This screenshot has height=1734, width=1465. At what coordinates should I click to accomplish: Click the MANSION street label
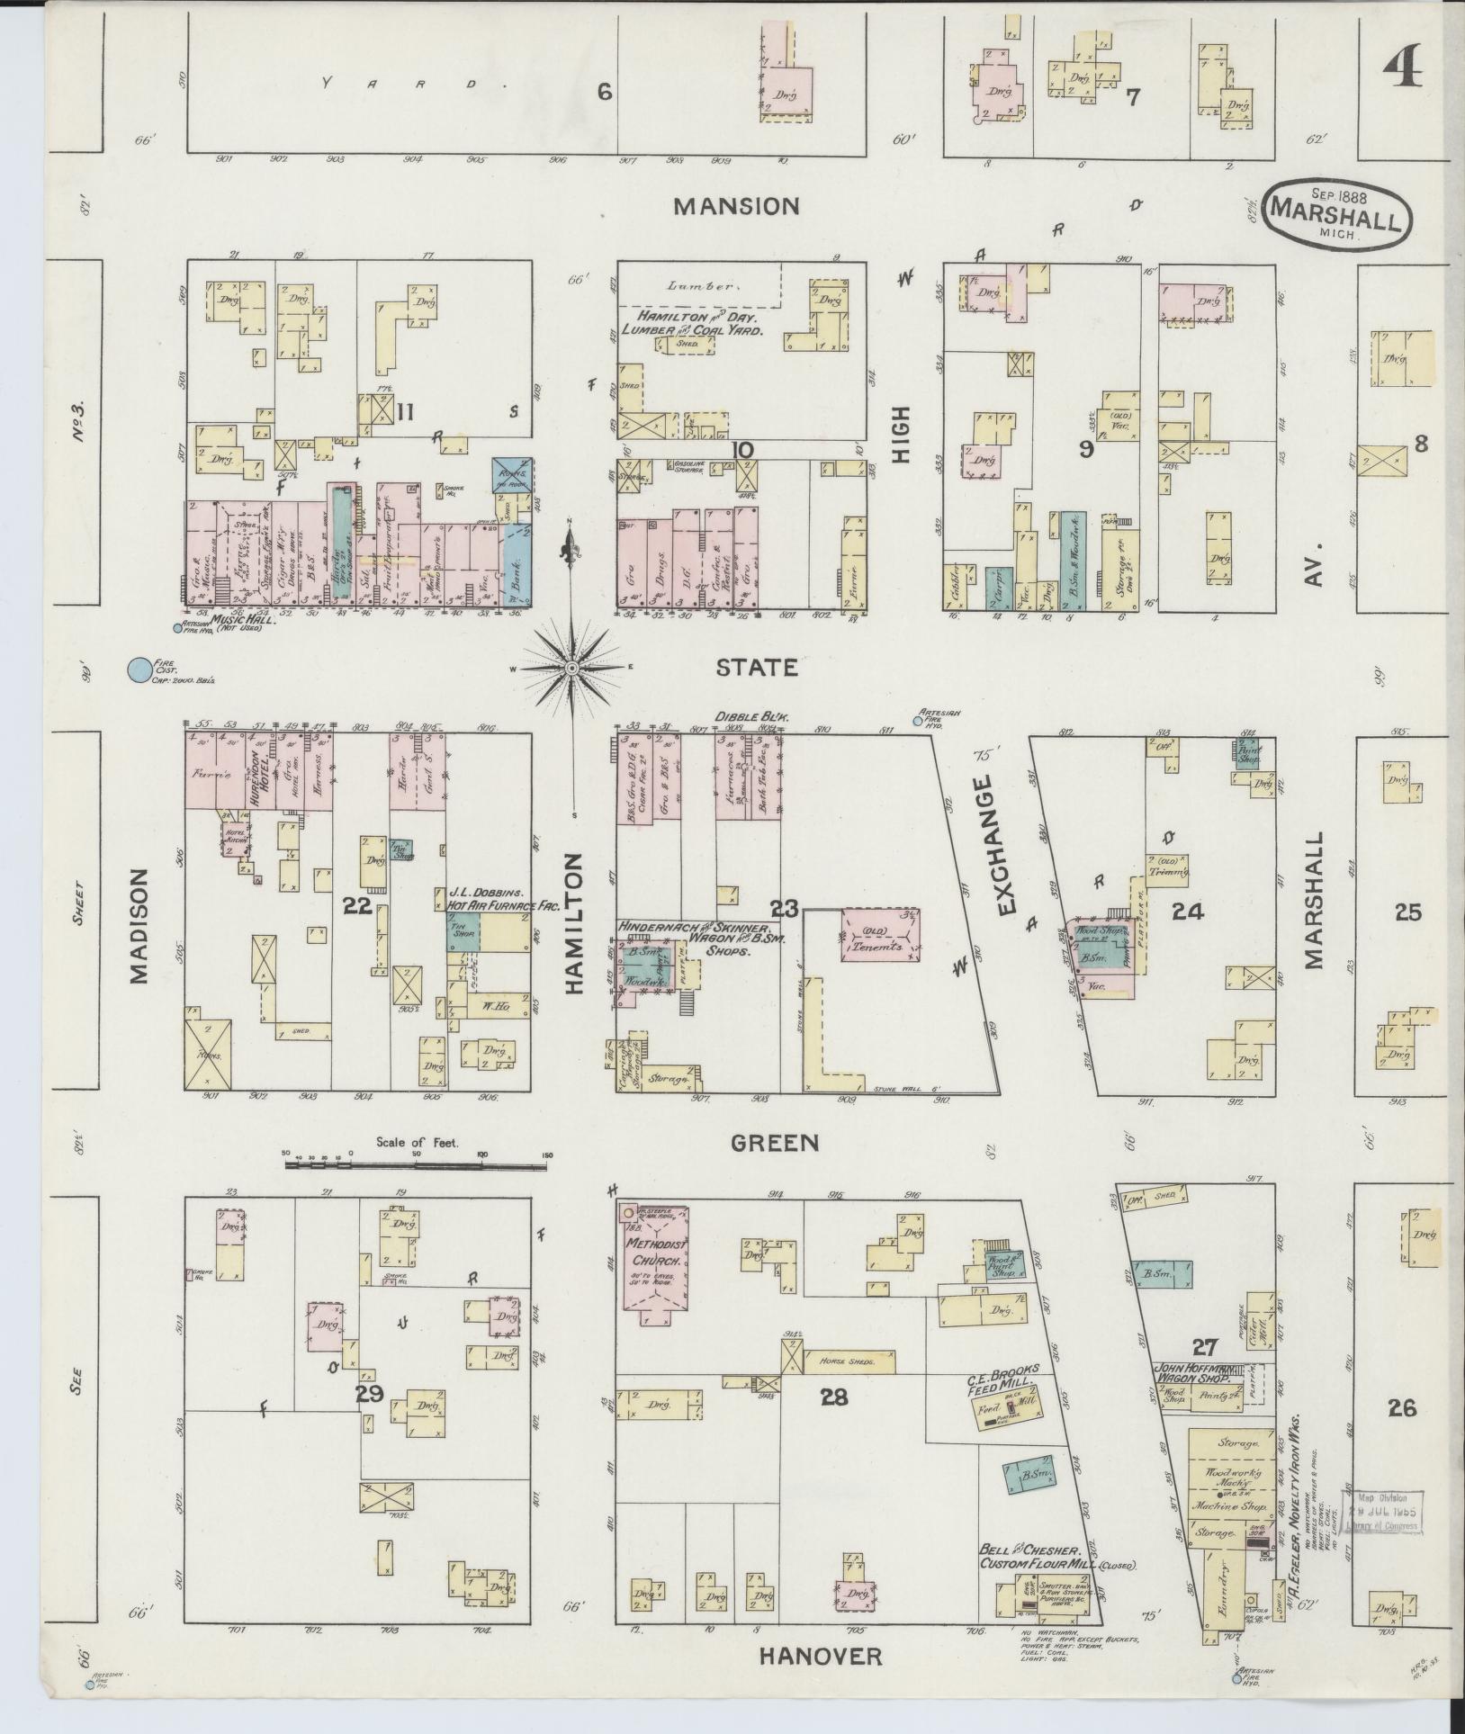click(736, 206)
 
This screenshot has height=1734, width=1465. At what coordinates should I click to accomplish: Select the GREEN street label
click(775, 1143)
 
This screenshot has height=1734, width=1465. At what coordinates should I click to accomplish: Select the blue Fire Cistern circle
click(139, 669)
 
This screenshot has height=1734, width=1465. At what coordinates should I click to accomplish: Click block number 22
click(357, 907)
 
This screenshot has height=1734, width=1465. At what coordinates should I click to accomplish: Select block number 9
click(1087, 447)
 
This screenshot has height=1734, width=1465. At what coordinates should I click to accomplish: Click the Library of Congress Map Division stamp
click(1381, 1516)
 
